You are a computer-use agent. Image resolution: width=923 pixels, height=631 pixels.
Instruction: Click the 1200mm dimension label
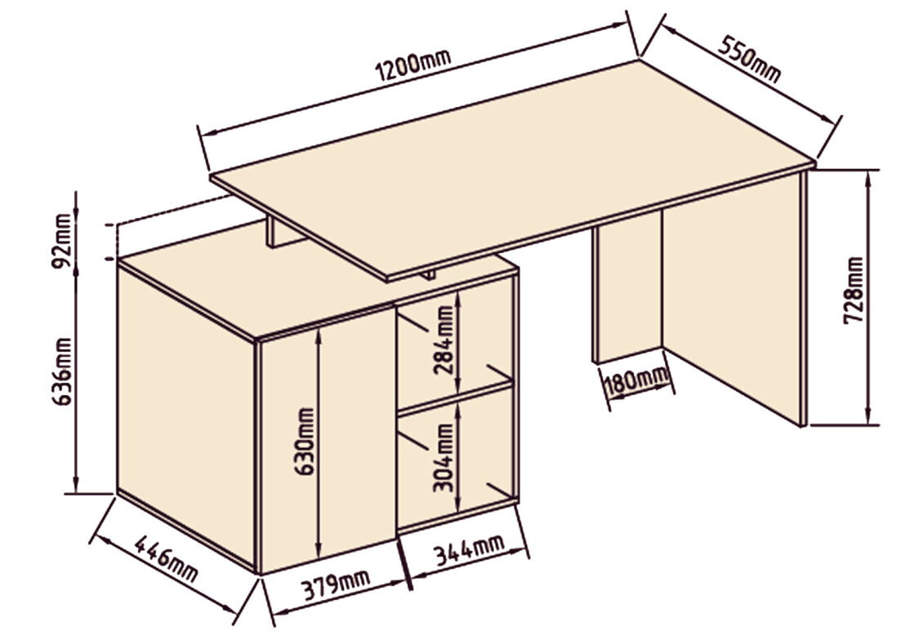(x=413, y=64)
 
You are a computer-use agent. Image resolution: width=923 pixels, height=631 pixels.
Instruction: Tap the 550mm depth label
(x=749, y=60)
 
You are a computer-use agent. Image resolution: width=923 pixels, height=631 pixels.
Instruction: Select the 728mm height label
(x=854, y=290)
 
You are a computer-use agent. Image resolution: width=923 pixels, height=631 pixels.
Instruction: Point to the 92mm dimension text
(x=62, y=241)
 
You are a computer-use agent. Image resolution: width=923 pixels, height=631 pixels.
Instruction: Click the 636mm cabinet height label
(x=62, y=371)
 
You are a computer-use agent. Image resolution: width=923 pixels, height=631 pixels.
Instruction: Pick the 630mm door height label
(x=305, y=442)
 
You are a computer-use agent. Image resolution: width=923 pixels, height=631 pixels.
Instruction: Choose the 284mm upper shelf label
(x=444, y=340)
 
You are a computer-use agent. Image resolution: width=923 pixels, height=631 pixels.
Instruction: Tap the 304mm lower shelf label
(x=444, y=458)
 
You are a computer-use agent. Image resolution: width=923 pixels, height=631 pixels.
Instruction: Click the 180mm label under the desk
(x=637, y=381)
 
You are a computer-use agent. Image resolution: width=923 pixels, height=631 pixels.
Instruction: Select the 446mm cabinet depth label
(x=166, y=558)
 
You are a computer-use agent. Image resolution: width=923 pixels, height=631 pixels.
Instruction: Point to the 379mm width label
(x=336, y=584)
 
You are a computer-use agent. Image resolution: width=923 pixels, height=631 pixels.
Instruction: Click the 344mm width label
(x=469, y=549)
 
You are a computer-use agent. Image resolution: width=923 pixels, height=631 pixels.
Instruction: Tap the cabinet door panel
(x=328, y=441)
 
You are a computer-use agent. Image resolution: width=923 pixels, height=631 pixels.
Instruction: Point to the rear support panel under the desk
(x=627, y=291)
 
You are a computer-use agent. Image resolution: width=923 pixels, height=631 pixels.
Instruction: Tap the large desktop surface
(x=512, y=167)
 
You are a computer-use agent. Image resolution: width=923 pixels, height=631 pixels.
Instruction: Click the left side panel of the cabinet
(x=186, y=415)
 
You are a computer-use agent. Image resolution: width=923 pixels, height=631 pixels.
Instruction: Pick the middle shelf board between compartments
(x=455, y=397)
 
